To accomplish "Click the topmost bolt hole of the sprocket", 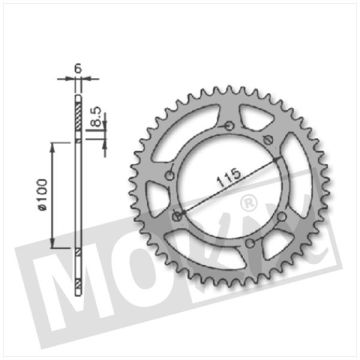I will tap(230, 126).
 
